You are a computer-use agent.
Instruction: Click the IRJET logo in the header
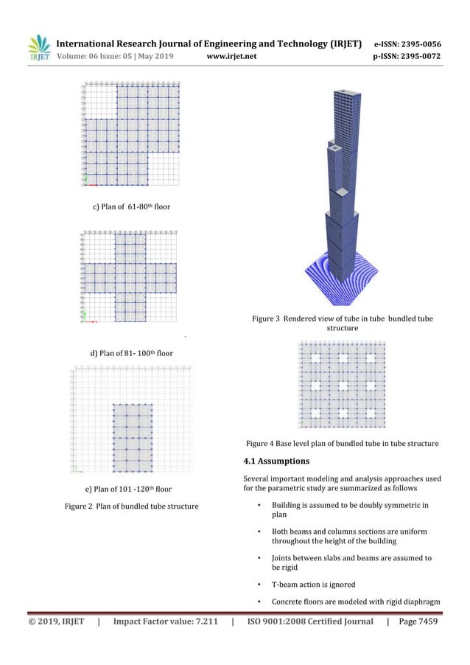coord(38,49)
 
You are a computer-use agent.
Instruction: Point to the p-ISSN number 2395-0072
coord(418,58)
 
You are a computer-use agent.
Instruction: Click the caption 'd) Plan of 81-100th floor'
coord(131,353)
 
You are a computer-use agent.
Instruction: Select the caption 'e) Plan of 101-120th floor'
coord(129,489)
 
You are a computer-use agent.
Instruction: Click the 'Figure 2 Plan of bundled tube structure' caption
coord(131,506)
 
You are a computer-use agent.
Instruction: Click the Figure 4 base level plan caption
coord(342,443)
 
